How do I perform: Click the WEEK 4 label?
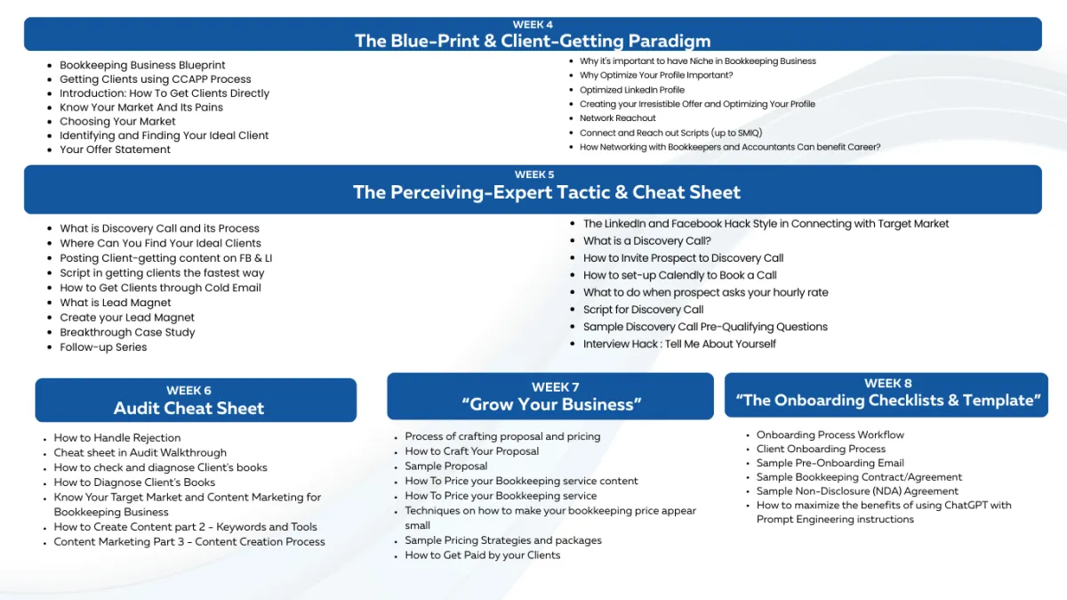(533, 25)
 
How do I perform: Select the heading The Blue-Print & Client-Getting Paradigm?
(533, 41)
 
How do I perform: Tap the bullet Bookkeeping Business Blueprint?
(142, 65)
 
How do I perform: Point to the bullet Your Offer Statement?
(115, 150)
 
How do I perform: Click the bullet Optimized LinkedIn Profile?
(632, 90)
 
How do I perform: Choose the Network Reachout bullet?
(618, 118)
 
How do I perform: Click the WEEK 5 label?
(533, 174)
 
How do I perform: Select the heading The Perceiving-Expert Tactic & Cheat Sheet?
(546, 192)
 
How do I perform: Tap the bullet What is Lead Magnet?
(116, 303)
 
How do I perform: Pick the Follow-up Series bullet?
(103, 347)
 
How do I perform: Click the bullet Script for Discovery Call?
(643, 310)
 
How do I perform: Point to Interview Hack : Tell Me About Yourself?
(679, 344)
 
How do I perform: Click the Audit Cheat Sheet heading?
(189, 409)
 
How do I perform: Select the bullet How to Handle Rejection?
(117, 438)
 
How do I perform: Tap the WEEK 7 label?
(555, 387)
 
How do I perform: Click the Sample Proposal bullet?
(446, 466)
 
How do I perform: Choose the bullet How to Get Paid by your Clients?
(483, 555)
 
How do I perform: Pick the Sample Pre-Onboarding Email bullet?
(830, 463)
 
